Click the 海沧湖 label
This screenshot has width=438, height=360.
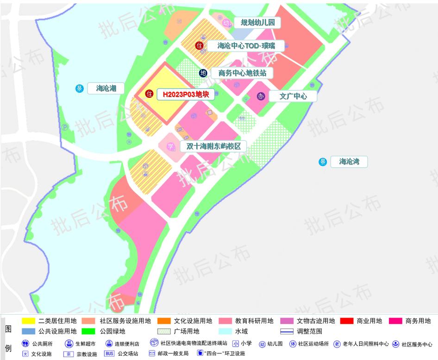[106, 88]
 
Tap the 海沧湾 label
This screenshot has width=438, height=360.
[349, 162]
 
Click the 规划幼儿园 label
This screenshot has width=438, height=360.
[257, 22]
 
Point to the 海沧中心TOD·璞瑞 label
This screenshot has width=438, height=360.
[246, 45]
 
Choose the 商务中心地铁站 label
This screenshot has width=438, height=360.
[242, 73]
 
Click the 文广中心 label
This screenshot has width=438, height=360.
[293, 96]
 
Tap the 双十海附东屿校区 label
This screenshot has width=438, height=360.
[213, 146]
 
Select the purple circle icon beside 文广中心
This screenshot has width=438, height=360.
[261, 96]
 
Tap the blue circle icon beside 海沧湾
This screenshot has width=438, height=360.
[323, 162]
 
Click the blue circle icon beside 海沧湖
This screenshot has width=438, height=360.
[80, 88]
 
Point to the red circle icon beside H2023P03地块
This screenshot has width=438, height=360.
[149, 94]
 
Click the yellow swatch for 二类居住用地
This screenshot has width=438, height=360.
[28, 321]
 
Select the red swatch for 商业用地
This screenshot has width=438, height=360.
[347, 321]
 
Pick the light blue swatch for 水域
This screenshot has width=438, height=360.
[224, 331]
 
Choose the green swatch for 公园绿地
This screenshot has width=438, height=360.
[88, 331]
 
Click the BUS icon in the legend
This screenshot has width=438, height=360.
[109, 354]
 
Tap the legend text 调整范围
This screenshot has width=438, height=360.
[310, 331]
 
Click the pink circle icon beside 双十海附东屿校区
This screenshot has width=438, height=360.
[171, 146]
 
